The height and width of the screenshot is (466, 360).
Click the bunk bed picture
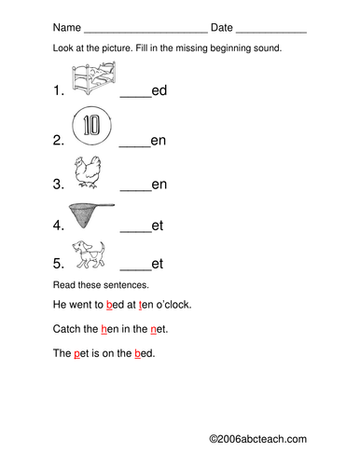pyautogui.click(x=94, y=77)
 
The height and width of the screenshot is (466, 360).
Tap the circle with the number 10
pyautogui.click(x=91, y=126)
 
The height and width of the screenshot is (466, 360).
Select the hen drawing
pyautogui.click(x=88, y=171)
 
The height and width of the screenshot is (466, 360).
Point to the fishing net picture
pyautogui.click(x=91, y=215)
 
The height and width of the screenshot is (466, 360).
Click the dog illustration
pyautogui.click(x=89, y=254)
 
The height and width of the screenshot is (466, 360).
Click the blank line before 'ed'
pyautogui.click(x=135, y=97)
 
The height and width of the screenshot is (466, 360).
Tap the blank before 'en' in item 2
pyautogui.click(x=134, y=146)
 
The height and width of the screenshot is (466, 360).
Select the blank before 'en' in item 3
pyautogui.click(x=135, y=190)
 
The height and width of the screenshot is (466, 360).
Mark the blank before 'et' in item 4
pyautogui.click(x=135, y=231)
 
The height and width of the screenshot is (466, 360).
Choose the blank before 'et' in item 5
pyautogui.click(x=135, y=269)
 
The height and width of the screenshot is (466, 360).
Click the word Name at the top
pyautogui.click(x=67, y=27)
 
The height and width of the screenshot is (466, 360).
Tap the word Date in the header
pyautogui.click(x=222, y=27)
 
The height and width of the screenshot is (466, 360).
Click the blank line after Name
pyautogui.click(x=146, y=32)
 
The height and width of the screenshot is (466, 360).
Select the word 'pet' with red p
pyautogui.click(x=81, y=353)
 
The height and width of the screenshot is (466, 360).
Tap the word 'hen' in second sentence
pyautogui.click(x=110, y=329)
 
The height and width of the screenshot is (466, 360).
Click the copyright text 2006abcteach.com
pyautogui.click(x=257, y=439)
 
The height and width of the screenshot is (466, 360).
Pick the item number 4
pyautogui.click(x=59, y=226)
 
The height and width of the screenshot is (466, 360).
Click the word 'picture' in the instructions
pyautogui.click(x=117, y=48)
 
